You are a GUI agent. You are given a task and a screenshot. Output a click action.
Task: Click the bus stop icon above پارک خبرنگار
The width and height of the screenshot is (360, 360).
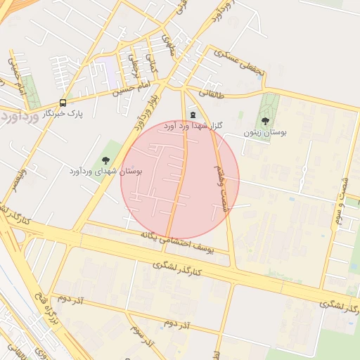[x=63, y=102]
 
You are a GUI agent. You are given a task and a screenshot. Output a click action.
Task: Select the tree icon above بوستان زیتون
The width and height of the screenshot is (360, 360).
[x=265, y=122]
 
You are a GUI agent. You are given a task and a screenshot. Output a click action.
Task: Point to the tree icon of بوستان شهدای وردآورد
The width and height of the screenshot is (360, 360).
[x=105, y=161]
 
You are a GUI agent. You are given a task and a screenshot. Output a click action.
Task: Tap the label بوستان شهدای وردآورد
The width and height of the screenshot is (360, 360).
[x=106, y=171]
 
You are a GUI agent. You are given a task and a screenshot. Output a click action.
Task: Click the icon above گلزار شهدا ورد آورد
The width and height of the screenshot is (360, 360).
[x=193, y=115]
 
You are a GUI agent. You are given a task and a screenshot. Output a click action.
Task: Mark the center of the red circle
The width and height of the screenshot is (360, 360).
[x=180, y=180]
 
